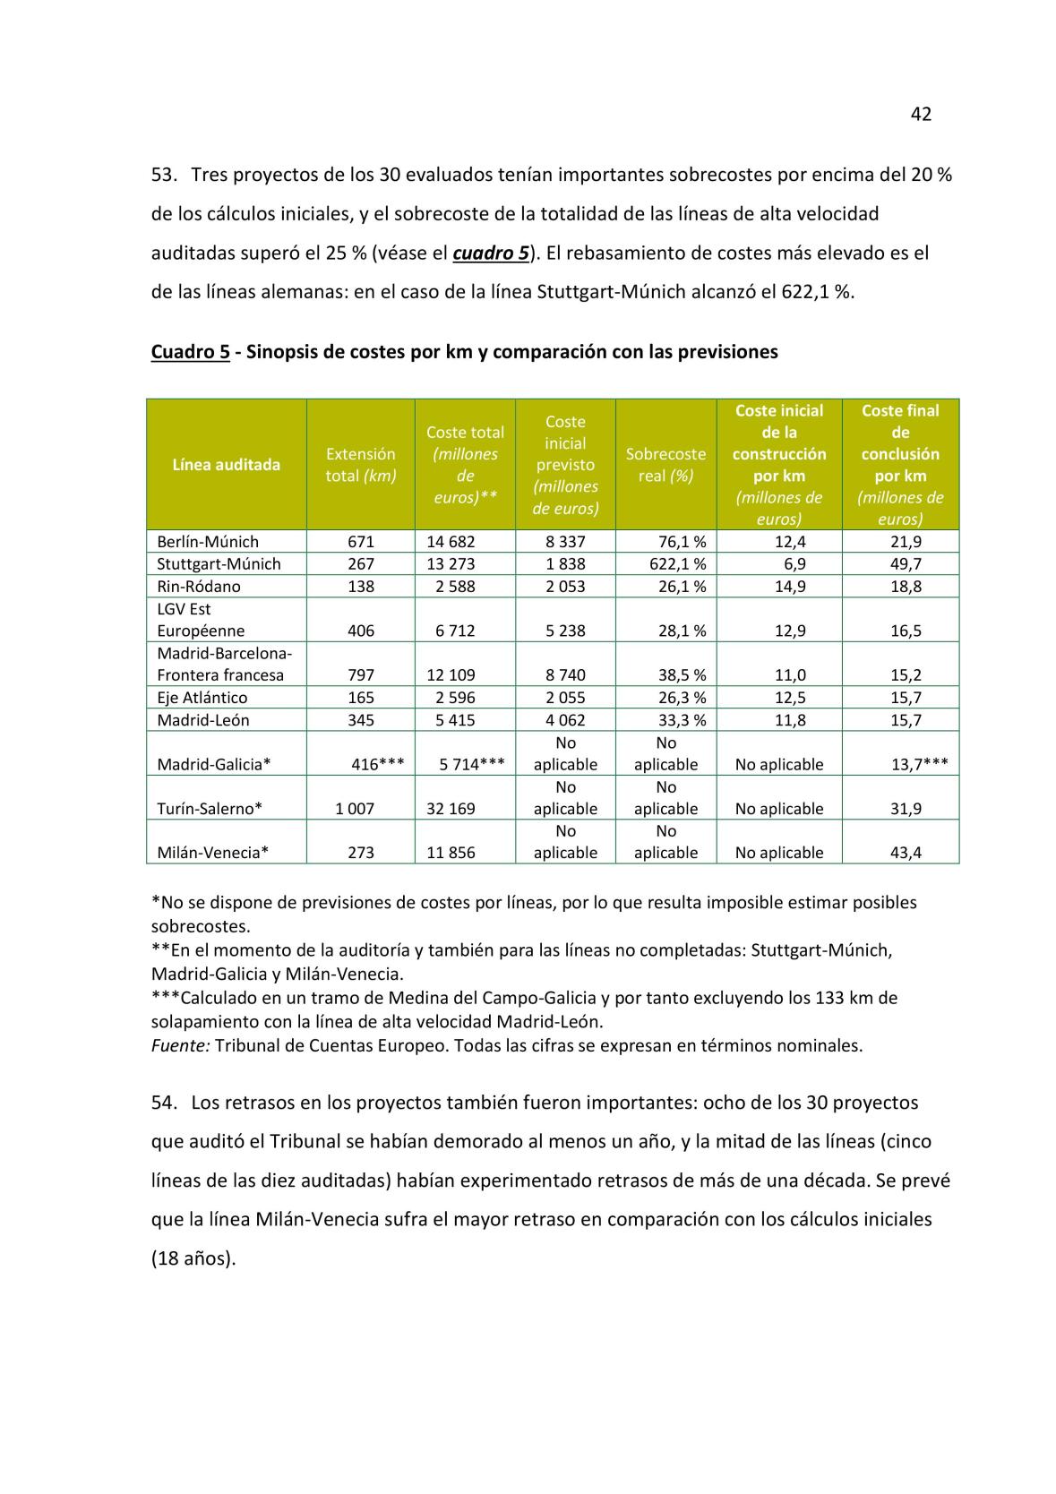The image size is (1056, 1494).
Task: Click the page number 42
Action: [x=921, y=114]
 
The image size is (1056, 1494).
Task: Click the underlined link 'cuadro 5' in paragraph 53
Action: [x=491, y=253]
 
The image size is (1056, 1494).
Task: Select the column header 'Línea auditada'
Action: [x=226, y=464]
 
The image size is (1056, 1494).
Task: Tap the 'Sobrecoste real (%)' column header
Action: [x=665, y=465]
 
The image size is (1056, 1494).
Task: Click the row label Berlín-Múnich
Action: [x=207, y=541]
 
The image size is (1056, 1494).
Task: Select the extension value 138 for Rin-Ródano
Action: [x=360, y=586]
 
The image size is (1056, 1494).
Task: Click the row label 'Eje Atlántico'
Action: [x=202, y=697]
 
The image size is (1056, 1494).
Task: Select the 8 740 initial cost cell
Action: [x=565, y=674]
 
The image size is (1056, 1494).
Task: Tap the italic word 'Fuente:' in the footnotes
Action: [x=180, y=1045]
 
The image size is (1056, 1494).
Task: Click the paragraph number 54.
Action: [x=164, y=1103]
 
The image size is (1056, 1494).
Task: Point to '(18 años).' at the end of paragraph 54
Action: [x=193, y=1258]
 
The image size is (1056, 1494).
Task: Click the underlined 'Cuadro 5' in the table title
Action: [x=190, y=352]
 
